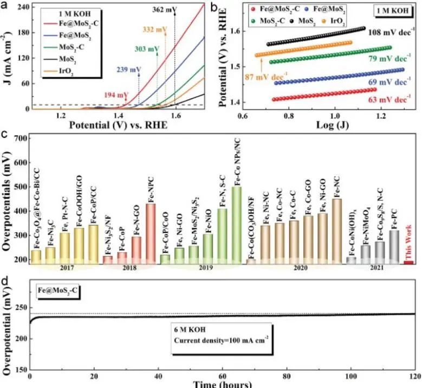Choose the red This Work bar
[408, 262]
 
